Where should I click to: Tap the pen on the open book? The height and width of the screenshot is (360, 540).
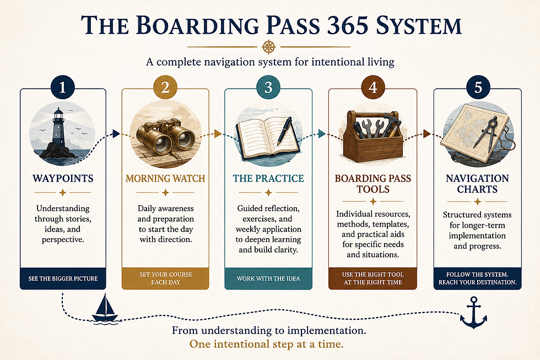(284, 131)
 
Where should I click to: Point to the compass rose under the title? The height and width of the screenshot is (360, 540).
(269, 47)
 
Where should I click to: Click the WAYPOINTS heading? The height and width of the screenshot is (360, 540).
(63, 178)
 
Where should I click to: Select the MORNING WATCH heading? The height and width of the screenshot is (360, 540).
(165, 178)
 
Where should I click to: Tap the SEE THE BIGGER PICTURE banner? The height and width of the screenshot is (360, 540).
(63, 278)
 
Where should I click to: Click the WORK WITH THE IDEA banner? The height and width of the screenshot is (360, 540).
(268, 278)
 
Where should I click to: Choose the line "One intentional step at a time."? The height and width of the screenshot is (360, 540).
(267, 344)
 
